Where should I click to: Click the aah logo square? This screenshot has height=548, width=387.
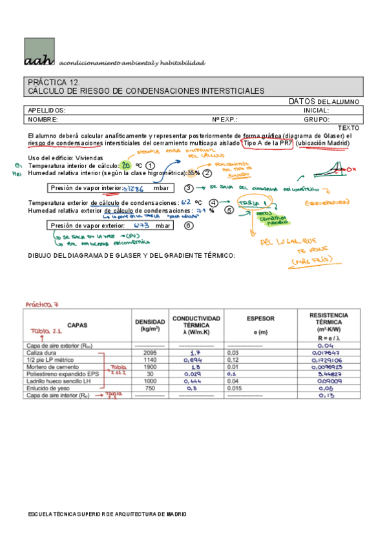[41, 52]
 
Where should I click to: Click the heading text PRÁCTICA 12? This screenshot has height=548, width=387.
[54, 82]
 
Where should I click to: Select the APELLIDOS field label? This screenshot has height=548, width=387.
[47, 111]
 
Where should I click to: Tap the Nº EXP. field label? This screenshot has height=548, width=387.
[225, 120]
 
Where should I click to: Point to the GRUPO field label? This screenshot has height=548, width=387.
[317, 120]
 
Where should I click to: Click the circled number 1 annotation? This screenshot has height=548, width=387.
[150, 166]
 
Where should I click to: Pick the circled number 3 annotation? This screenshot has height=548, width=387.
[189, 188]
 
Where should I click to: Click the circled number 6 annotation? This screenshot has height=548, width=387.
[188, 226]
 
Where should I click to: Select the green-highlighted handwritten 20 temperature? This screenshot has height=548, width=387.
[127, 166]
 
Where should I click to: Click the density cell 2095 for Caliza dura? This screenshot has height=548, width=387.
[150, 353]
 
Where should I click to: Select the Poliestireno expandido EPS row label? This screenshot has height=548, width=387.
[63, 374]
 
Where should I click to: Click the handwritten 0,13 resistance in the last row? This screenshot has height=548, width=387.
[325, 395]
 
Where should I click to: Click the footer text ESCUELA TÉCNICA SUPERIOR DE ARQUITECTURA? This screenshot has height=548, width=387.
[107, 514]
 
